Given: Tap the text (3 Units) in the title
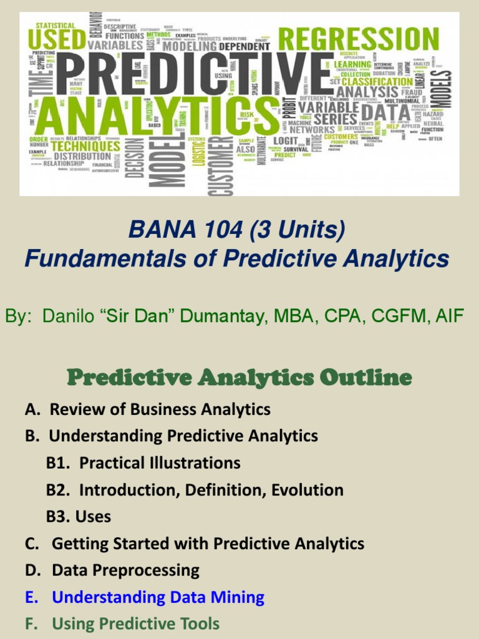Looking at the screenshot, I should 297,231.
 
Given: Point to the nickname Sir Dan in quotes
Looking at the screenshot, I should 144,316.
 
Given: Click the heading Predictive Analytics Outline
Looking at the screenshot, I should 239,378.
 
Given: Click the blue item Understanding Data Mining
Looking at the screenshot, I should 158,597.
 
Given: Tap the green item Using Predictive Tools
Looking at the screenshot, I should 135,624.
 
